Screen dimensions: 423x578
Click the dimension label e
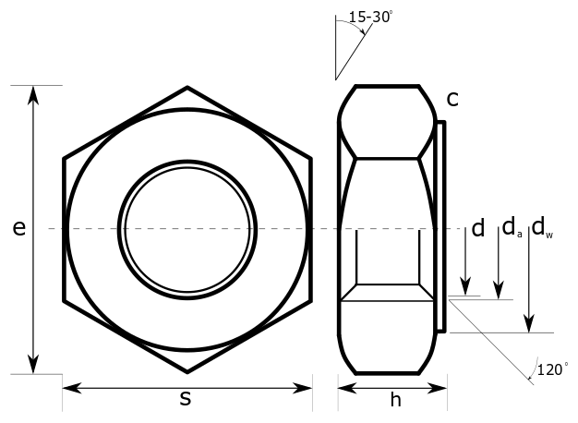pos(18,228)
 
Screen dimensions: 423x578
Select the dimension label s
pos(186,399)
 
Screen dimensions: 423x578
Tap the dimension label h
pos(395,400)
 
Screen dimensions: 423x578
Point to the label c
pos(452,97)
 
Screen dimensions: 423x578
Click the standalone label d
pos(477,229)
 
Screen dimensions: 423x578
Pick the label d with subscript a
pos(511,227)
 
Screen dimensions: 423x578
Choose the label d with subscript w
pos(542,227)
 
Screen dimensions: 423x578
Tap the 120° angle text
pos(552,369)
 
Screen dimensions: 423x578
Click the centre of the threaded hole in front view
pos(187,228)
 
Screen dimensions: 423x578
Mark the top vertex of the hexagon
pos(187,88)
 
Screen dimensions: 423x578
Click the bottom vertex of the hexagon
pos(187,371)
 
